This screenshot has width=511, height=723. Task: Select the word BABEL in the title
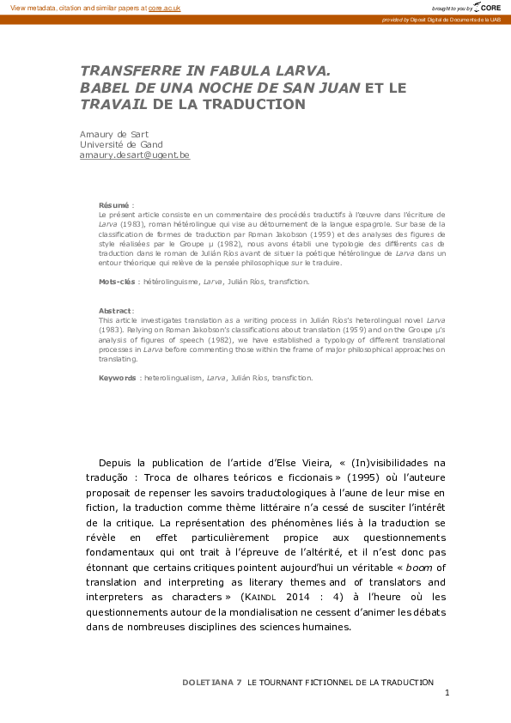point(103,88)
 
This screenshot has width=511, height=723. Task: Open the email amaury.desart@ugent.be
point(134,155)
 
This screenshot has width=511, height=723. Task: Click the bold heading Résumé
point(113,205)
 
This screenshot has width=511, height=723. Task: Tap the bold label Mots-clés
point(118,281)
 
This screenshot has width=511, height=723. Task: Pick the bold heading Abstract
point(115,310)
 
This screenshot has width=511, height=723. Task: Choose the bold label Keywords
point(118,377)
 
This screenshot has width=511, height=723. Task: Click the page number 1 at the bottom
point(447,692)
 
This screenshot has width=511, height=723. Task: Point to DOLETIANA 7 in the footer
point(212,681)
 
